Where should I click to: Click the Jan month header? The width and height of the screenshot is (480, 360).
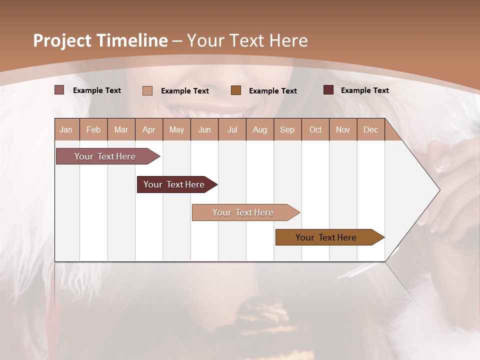[66, 130]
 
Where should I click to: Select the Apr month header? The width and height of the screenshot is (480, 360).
[149, 130]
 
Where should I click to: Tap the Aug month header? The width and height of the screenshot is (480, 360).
[259, 130]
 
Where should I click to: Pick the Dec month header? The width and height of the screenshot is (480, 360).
[370, 130]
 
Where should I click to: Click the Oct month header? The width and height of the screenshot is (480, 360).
[315, 130]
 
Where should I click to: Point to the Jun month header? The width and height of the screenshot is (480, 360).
[204, 130]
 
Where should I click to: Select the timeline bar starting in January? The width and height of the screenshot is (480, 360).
[105, 156]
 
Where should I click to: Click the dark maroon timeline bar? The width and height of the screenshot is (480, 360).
[174, 184]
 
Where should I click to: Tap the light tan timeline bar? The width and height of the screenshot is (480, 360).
[243, 212]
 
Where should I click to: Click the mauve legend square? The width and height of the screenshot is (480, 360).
[59, 90]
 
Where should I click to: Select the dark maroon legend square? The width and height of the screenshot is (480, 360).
[328, 90]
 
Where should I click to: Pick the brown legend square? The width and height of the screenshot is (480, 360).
[236, 90]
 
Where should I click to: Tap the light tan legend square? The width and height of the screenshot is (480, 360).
[147, 90]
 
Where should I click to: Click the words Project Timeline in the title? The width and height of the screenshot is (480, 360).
[100, 40]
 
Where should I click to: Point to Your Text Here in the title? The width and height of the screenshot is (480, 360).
[247, 40]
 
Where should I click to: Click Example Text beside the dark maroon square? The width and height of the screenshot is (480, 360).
[364, 90]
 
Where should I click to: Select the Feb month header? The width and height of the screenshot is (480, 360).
[93, 130]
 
